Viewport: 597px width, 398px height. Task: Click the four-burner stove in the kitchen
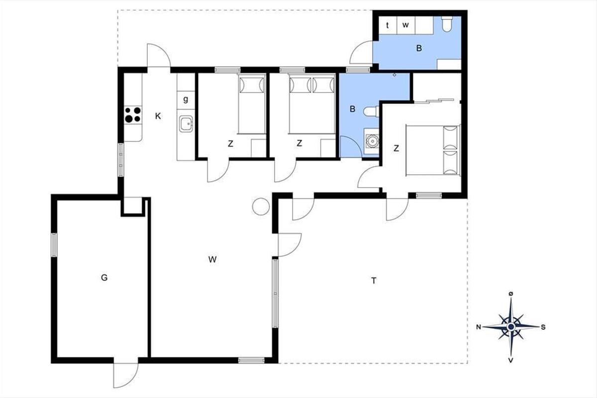(x=133, y=114)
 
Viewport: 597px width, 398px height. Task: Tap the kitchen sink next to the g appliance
(x=186, y=124)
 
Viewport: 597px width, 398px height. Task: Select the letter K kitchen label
(x=158, y=116)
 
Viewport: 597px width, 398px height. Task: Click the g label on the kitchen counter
(x=186, y=99)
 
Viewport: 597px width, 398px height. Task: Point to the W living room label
(x=212, y=259)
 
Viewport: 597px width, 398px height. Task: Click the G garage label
(x=104, y=278)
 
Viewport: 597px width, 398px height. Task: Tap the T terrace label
(x=374, y=281)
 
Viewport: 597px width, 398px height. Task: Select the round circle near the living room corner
(x=261, y=206)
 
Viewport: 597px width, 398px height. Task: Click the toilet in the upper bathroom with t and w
(x=447, y=24)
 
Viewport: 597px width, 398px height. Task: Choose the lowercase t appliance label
(x=387, y=25)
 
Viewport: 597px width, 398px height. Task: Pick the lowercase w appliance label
(x=405, y=25)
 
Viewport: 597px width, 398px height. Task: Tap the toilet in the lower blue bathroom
(x=371, y=111)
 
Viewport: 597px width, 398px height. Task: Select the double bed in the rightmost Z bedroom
(x=433, y=150)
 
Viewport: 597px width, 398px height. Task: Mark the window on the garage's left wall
(x=54, y=245)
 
